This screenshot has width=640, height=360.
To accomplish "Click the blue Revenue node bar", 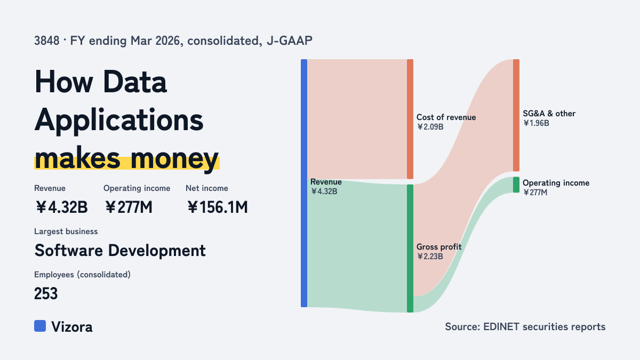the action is tap(304, 183).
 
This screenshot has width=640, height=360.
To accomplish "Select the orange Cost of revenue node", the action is tap(410, 119).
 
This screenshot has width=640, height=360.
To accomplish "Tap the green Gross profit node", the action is tap(410, 249).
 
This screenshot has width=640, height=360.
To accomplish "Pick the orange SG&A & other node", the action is tap(516, 115).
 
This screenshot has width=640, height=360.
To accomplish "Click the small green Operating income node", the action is tap(516, 185).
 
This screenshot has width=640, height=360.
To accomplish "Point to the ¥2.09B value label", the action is tap(430, 127).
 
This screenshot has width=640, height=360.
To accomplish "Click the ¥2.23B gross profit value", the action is tap(430, 257).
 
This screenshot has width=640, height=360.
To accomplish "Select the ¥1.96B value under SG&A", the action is tap(536, 123).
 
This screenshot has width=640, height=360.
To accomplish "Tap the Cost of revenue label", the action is tap(446, 117).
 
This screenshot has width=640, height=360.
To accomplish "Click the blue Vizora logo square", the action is tap(40, 326).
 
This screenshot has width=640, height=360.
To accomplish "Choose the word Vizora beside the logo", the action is tap(71, 327).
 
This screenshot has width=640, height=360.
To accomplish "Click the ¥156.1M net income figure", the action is tap(218, 207).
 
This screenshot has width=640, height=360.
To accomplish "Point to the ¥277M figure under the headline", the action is tap(129, 207).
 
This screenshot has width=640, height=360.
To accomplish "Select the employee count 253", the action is tap(46, 293).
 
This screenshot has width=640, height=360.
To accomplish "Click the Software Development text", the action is tap(120, 251).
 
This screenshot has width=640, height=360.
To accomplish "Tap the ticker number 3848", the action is tap(47, 41).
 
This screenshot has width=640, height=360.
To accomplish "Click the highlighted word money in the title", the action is tap(175, 158).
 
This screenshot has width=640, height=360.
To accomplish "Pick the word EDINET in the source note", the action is tap(501, 326).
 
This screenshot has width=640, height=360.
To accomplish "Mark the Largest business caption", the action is tap(66, 231).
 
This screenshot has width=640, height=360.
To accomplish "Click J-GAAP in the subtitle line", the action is tap(290, 41).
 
